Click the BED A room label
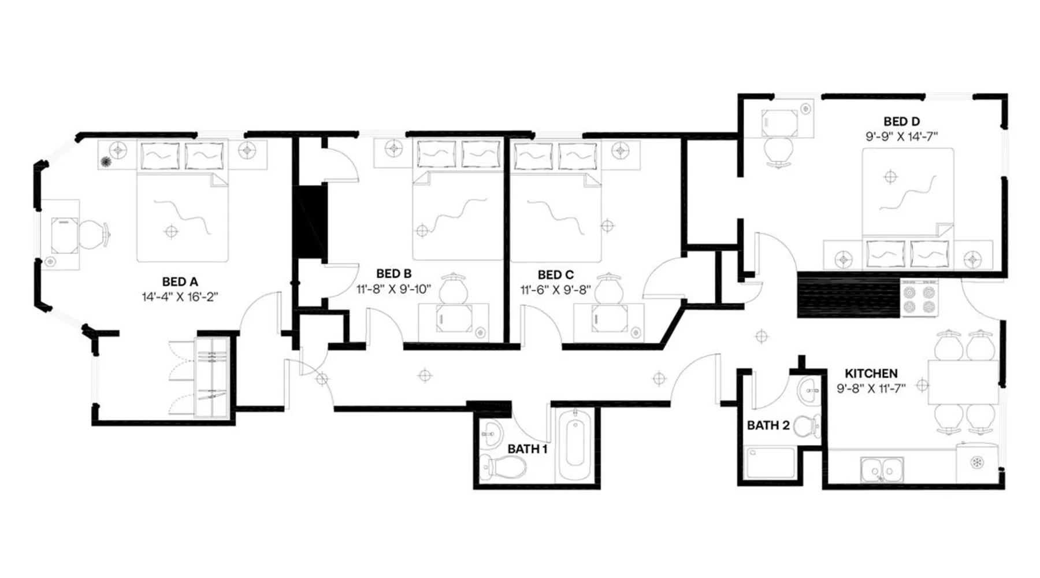(180, 282)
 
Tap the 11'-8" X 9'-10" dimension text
(393, 289)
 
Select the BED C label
(555, 275)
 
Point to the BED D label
(901, 121)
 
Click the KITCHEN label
(871, 373)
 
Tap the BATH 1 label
(528, 449)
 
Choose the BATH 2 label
(768, 425)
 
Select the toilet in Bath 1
(503, 466)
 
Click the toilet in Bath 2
(807, 426)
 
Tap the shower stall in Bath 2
(771, 463)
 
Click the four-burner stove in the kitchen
(920, 298)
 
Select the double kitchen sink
(882, 469)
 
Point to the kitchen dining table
(963, 381)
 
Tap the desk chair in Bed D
(778, 151)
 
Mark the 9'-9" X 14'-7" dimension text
(901, 136)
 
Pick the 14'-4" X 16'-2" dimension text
(180, 297)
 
